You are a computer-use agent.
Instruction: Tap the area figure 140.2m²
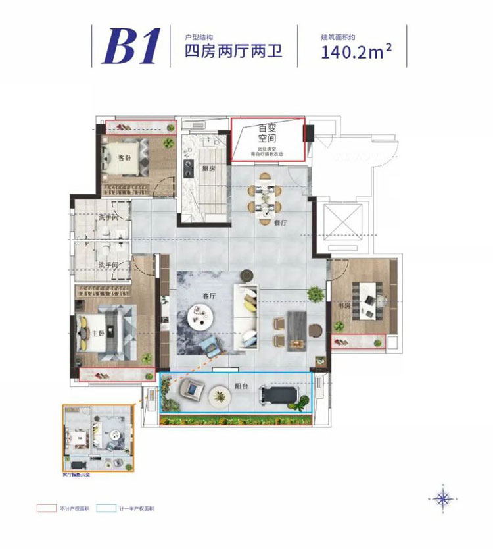click(x=358, y=51)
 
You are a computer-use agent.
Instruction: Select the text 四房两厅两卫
click(x=234, y=51)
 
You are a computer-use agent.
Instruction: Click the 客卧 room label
click(x=124, y=159)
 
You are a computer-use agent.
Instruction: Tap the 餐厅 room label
click(x=281, y=222)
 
